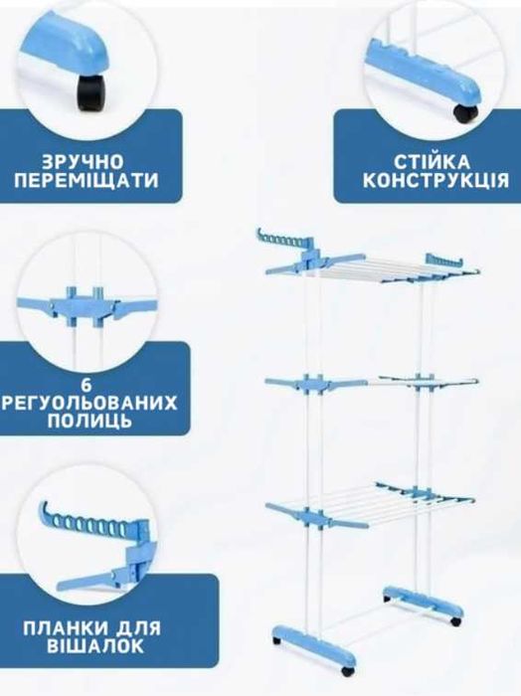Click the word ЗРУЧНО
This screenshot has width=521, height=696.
coord(83,161)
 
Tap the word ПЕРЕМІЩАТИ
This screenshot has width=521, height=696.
coord(87,181)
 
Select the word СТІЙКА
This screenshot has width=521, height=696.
coord(432,161)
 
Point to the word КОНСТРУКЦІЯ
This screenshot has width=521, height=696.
coord(435,181)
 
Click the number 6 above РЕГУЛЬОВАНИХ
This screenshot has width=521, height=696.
coord(87,385)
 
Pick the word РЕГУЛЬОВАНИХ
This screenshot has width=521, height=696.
coord(89,403)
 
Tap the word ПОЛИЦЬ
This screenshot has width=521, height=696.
coord(89,421)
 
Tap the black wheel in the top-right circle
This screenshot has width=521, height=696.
coord(465,112)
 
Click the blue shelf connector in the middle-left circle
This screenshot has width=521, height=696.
coord(86,306)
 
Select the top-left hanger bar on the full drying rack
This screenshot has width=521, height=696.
coord(284,240)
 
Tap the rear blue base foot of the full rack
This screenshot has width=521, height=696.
coord(418,600)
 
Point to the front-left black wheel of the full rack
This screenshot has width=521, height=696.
coord(277,641)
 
